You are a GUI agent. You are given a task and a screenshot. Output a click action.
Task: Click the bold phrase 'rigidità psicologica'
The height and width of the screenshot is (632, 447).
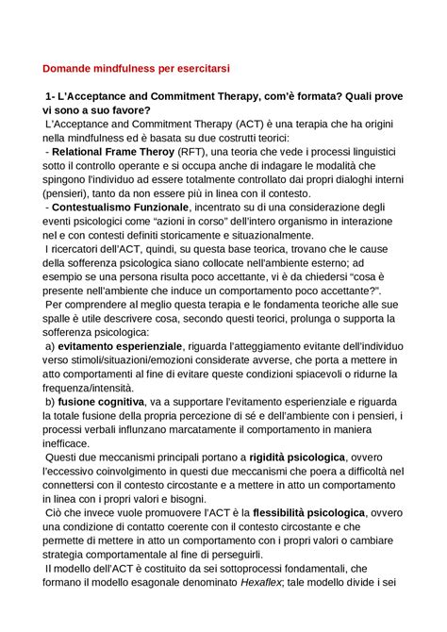(312, 457)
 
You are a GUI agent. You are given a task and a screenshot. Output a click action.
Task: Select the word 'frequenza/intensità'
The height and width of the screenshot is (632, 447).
(92, 388)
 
